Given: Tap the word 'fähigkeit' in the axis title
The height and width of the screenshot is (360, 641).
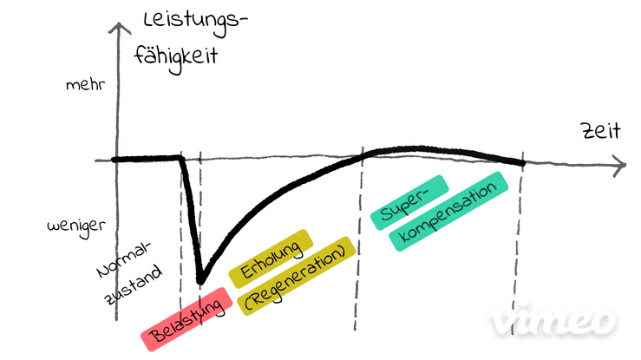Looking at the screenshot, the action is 176,57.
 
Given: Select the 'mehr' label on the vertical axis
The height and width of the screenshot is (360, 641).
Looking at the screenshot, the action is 86,85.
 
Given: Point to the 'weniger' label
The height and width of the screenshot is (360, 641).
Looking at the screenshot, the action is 76,226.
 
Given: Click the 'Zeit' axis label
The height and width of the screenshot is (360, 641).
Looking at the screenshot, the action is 601,131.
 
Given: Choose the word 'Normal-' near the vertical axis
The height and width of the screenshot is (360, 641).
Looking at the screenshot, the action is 122,259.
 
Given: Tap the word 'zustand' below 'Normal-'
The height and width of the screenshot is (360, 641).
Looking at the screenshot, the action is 134,285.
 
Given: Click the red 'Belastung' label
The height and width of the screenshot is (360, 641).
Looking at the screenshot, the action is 186,319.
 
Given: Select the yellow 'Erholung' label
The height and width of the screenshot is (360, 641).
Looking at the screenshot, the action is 271,259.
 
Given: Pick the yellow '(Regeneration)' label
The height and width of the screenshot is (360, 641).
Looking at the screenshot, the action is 297,276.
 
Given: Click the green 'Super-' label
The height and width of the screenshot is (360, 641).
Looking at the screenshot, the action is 409,202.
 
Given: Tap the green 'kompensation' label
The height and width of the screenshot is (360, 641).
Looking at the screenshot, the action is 448,212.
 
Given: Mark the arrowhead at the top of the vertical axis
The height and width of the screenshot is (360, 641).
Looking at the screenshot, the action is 118,27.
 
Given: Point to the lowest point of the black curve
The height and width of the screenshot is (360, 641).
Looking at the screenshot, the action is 200,281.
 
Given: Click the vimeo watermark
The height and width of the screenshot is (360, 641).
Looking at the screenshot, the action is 553,318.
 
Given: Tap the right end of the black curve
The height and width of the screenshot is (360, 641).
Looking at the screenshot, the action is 522,163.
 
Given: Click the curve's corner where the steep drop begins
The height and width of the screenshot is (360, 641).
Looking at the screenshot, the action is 181,157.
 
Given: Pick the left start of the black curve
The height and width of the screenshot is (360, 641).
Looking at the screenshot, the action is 114,160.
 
